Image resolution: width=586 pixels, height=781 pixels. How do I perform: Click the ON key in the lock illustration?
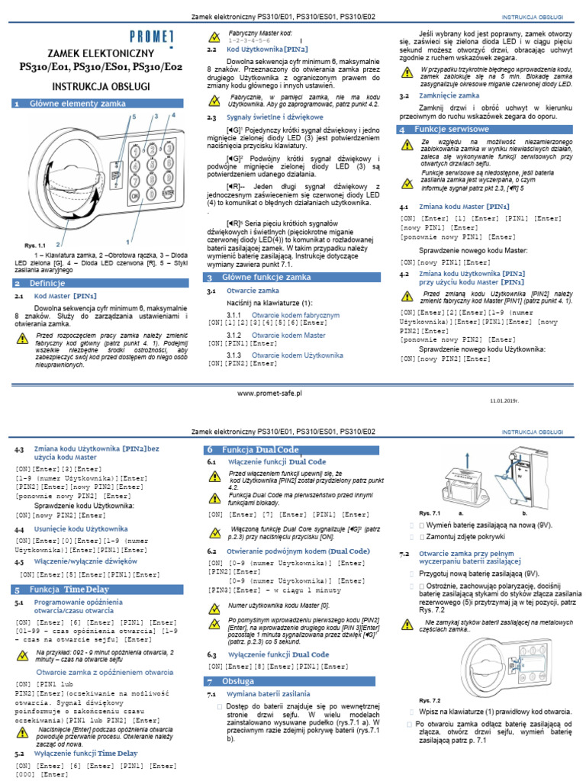coord(134,194)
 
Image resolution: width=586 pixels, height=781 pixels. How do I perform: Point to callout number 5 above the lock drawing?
coord(135,117)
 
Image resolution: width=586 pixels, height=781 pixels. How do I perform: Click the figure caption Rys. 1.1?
coord(35,245)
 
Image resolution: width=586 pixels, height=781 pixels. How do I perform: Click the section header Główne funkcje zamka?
coord(263,278)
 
